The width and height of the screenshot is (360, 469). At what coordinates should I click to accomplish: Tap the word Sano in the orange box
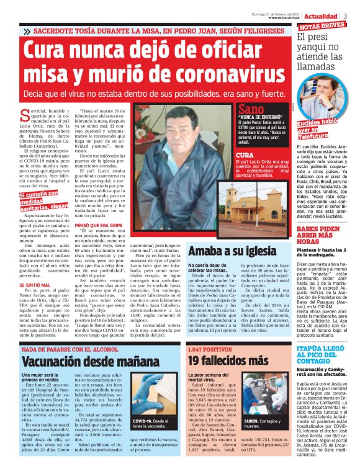(251, 110)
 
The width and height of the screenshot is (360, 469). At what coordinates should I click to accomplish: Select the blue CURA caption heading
(246, 154)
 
